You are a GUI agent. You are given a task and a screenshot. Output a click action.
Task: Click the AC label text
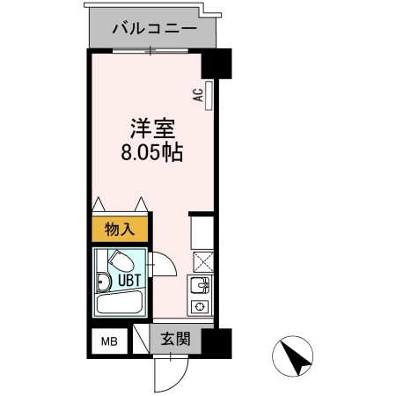199,95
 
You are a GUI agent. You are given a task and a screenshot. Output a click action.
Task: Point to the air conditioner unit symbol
209,94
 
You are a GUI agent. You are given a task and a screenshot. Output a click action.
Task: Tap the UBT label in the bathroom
119,281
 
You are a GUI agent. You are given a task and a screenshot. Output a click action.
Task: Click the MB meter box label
107,341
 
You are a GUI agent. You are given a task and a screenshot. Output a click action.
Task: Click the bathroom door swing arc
164,267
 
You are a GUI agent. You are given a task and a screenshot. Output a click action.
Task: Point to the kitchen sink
201,285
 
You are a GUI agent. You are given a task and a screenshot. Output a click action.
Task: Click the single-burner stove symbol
200,307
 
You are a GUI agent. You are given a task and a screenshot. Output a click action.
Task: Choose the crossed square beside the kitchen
202,261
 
